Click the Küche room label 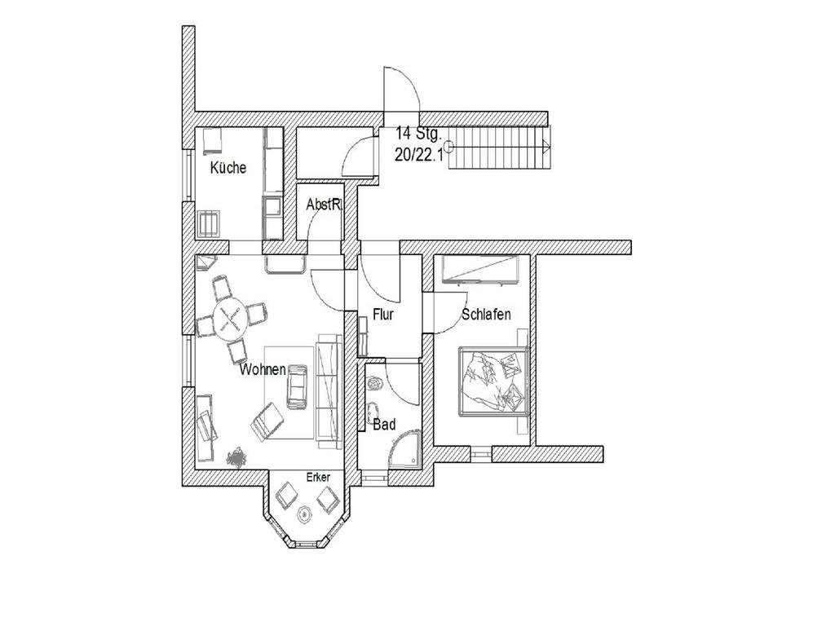point(228,169)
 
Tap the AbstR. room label point(323,205)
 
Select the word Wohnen point(263,370)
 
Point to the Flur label point(383,315)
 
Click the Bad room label point(384,425)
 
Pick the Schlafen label point(486,315)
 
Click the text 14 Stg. point(417,134)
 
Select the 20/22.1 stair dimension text point(417,156)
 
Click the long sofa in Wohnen point(328,390)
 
